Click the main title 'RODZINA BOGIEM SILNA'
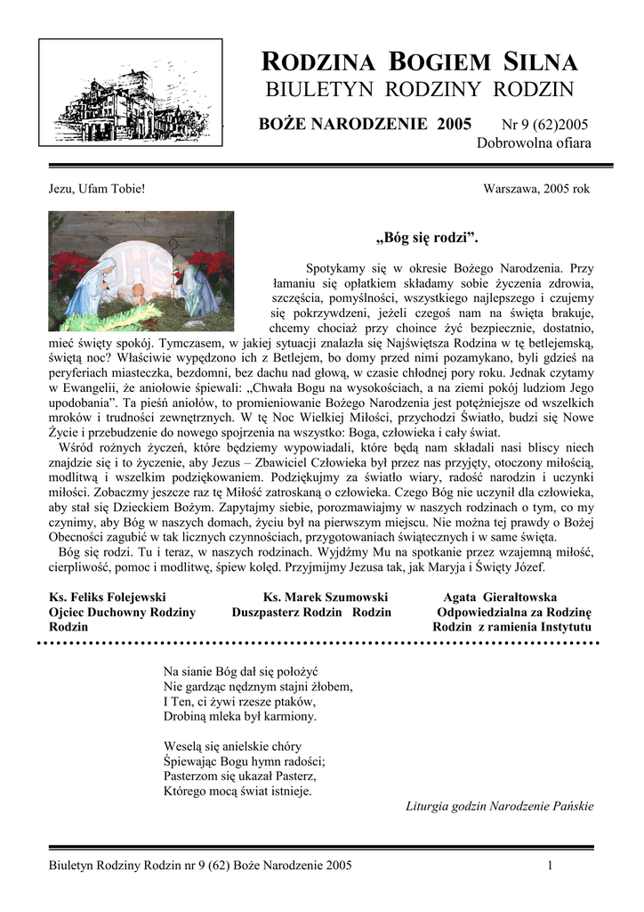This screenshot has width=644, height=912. (420, 62)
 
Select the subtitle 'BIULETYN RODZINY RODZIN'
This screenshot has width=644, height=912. (420, 90)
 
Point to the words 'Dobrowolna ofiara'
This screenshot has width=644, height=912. (534, 143)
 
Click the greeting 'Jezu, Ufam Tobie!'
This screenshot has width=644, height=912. (96, 189)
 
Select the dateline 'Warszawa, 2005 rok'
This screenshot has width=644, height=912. (536, 189)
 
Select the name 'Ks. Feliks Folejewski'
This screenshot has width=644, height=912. (108, 597)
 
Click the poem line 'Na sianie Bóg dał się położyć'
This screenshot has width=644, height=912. (241, 670)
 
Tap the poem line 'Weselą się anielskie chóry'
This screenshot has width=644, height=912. (233, 745)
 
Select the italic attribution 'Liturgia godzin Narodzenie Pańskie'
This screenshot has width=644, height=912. (499, 806)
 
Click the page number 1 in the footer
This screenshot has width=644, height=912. (551, 865)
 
